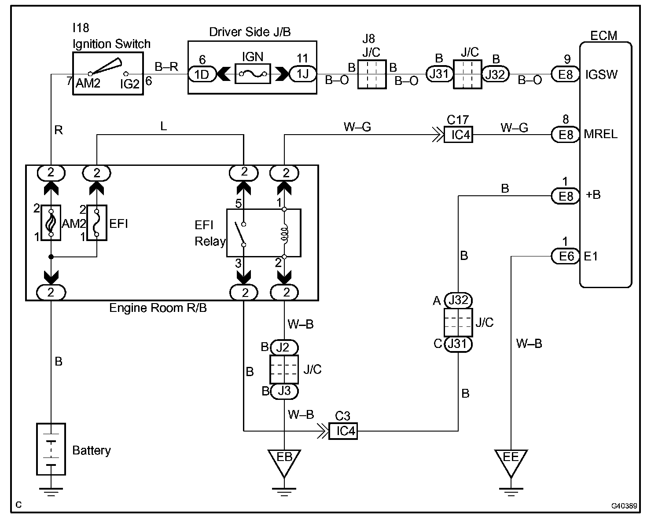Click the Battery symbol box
[x=51, y=449]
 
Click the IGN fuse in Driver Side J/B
[x=252, y=74]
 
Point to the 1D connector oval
[x=202, y=74]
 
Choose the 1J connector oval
[x=303, y=74]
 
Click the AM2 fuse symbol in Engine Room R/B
[x=51, y=223]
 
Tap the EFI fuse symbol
[x=97, y=223]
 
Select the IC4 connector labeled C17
[x=458, y=134]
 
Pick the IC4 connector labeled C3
[x=343, y=431]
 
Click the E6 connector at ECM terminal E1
[x=566, y=256]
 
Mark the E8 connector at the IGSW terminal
[x=566, y=74]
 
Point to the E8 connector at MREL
[x=566, y=134]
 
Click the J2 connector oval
[x=284, y=348]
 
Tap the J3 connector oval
[x=284, y=391]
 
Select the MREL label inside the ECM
[x=601, y=134]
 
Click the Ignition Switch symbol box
[x=107, y=73]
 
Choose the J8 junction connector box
[x=372, y=74]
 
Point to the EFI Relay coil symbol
[x=284, y=233]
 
